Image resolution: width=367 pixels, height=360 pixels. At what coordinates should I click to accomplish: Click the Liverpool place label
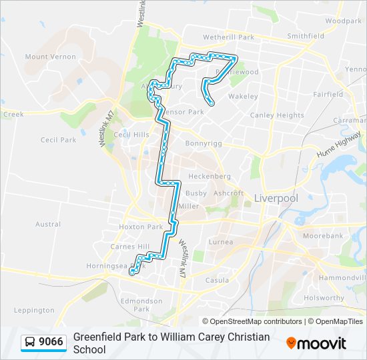pyautogui.click(x=276, y=198)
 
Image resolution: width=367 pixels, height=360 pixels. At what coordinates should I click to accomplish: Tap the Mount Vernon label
pyautogui.click(x=51, y=57)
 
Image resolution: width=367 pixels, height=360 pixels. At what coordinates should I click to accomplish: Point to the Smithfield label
pyautogui.click(x=306, y=35)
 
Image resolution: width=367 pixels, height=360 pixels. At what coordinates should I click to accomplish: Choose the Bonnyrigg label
pyautogui.click(x=203, y=143)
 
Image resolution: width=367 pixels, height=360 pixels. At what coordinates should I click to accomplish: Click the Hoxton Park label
pyautogui.click(x=141, y=227)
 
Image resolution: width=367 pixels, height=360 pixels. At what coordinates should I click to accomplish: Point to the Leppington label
pyautogui.click(x=33, y=310)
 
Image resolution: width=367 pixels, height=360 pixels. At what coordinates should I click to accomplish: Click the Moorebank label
pyautogui.click(x=322, y=236)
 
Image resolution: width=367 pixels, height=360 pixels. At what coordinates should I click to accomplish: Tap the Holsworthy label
pyautogui.click(x=322, y=298)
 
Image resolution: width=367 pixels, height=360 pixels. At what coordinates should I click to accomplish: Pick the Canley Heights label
pyautogui.click(x=277, y=115)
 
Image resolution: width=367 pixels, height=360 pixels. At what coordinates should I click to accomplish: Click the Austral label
pyautogui.click(x=48, y=225)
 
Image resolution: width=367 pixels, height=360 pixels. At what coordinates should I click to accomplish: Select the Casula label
pyautogui.click(x=217, y=281)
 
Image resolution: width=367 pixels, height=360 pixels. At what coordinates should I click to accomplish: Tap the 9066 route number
pyautogui.click(x=51, y=342)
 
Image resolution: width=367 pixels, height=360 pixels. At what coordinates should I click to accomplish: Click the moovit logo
pyautogui.click(x=316, y=343)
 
